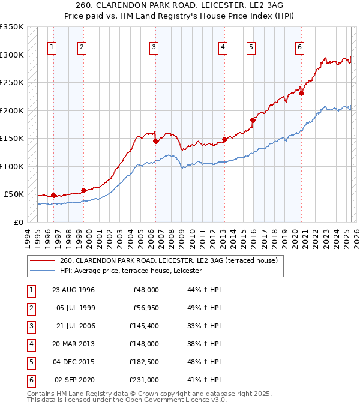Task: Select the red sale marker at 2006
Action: click(x=155, y=141)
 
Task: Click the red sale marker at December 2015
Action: click(x=253, y=121)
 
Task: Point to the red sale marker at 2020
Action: click(x=301, y=93)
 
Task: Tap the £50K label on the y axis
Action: click(x=14, y=194)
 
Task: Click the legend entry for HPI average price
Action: click(x=131, y=271)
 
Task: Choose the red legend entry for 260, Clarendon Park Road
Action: click(x=168, y=261)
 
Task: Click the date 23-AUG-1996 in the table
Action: click(x=73, y=290)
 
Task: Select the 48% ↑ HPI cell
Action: click(x=203, y=362)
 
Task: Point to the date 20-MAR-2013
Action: click(x=73, y=344)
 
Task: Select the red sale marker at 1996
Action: click(x=54, y=195)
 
